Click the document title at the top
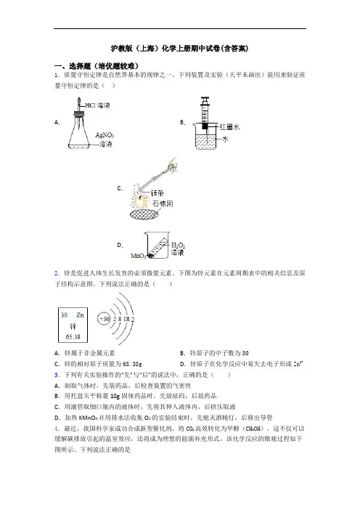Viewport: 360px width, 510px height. point(180,49)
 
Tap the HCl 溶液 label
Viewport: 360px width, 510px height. point(98,105)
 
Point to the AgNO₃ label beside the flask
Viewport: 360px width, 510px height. point(105,135)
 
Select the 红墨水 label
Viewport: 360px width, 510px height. point(229,127)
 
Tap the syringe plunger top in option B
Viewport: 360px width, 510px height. point(205,98)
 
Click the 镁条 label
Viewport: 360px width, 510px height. point(157,193)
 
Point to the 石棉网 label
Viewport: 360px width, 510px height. point(163,204)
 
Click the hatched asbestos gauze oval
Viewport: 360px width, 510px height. point(144,215)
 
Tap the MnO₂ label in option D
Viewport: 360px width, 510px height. point(138,256)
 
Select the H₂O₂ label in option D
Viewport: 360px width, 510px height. point(178,246)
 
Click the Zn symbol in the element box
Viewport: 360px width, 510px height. point(80,315)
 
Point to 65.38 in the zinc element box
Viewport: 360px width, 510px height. point(73,337)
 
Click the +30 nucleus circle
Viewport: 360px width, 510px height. point(105,319)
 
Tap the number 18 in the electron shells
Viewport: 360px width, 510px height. point(126,319)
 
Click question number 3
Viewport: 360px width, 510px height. point(57,375)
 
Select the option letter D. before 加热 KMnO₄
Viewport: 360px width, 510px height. point(57,418)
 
